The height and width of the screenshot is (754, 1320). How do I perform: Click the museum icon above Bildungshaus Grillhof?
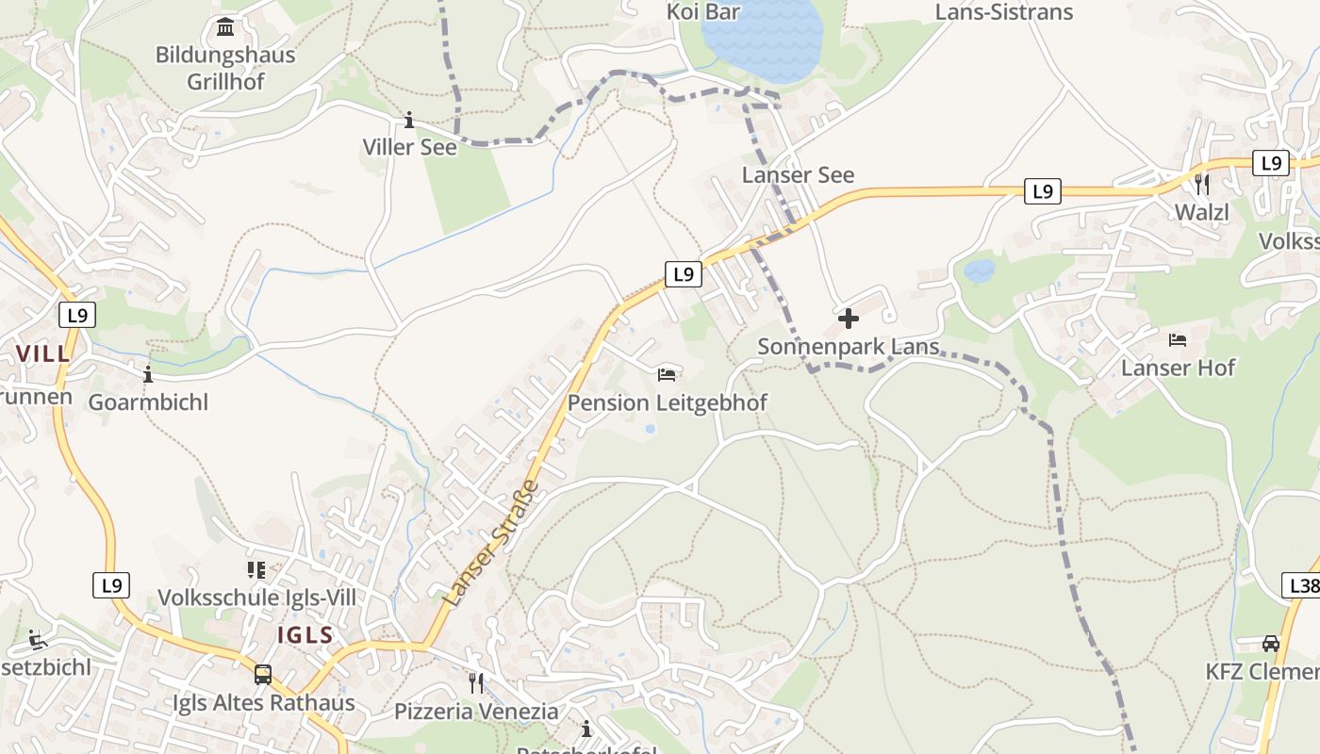click(225, 26)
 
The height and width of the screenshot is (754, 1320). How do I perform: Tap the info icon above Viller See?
click(409, 121)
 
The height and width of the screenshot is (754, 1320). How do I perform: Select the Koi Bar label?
click(703, 12)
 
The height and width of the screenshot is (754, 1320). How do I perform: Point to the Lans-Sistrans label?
click(1004, 12)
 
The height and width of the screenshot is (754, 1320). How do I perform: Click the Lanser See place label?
click(798, 175)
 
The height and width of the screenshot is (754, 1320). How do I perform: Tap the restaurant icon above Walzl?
click(1201, 184)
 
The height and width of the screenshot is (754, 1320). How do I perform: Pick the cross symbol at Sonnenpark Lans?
click(849, 319)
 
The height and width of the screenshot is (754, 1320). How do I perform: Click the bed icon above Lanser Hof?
click(1178, 339)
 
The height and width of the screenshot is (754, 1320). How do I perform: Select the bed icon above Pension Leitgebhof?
click(667, 375)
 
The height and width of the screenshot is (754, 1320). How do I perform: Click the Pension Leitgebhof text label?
click(668, 402)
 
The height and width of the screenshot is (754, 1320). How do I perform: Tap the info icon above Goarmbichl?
click(148, 374)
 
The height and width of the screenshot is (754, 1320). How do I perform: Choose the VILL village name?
click(43, 353)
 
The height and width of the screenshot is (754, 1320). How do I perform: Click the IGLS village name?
click(305, 634)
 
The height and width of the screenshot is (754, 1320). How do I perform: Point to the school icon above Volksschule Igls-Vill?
click(256, 570)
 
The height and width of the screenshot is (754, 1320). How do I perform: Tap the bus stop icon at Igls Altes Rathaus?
click(263, 675)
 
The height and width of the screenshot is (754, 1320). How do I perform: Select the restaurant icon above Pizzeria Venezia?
click(476, 682)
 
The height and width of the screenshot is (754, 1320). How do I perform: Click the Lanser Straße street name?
click(493, 543)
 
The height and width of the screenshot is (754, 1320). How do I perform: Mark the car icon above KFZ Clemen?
click(1271, 644)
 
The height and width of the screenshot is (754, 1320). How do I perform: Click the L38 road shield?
click(1302, 586)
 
